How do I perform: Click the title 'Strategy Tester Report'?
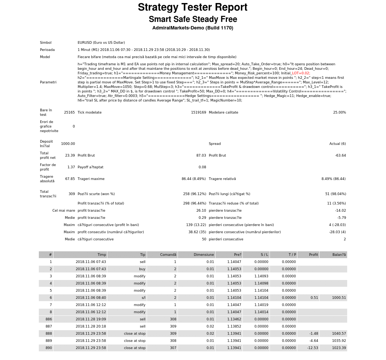(193, 8)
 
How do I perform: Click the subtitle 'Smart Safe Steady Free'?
(193, 20)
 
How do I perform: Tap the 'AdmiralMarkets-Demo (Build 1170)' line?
(193, 28)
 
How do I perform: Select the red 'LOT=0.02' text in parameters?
(300, 73)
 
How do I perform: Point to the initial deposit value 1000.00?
(68, 144)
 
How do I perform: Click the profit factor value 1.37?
(71, 167)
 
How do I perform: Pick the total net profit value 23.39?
(70, 155)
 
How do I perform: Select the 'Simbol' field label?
(46, 43)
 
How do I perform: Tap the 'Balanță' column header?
(339, 255)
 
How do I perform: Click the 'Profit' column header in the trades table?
(313, 255)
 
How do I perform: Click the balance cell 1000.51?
(339, 298)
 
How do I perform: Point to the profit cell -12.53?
(312, 348)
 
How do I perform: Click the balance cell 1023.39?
(339, 348)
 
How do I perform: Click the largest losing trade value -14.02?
(340, 211)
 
